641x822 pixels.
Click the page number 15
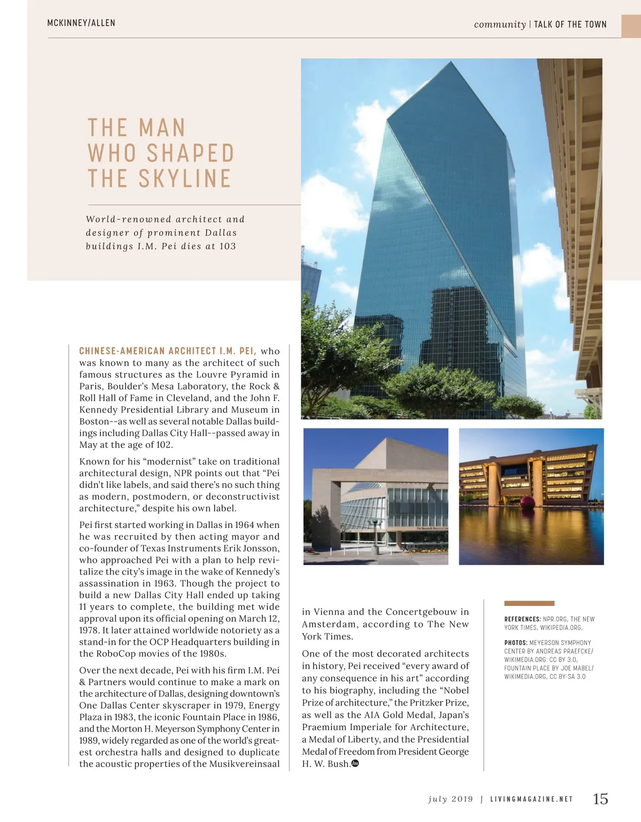point(600,798)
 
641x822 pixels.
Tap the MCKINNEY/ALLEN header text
point(81,23)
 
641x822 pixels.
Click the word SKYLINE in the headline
point(184,179)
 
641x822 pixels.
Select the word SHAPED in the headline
point(190,153)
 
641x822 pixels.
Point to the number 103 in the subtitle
point(228,246)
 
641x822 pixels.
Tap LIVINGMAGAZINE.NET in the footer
point(531,800)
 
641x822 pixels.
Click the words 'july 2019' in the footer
point(450,800)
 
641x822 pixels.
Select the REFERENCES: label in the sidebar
point(522,619)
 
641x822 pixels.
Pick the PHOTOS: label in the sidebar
point(515,642)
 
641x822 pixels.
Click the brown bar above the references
point(529,603)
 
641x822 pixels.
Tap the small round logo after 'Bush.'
point(356,763)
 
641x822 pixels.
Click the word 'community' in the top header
point(499,25)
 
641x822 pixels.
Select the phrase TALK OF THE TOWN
point(570,25)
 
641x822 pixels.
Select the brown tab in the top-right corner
point(631,26)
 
